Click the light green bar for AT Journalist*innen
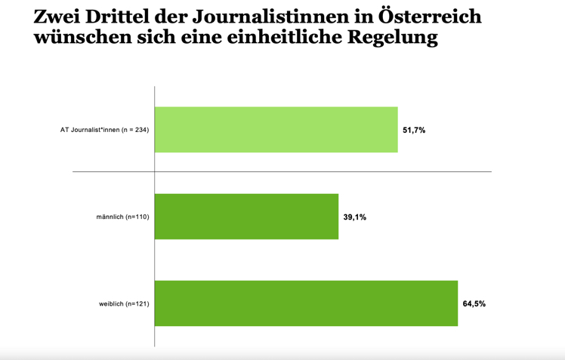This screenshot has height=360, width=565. [276, 130]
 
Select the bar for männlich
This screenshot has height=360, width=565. [246, 217]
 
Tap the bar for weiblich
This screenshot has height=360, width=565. [306, 303]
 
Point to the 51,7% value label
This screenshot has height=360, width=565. [414, 131]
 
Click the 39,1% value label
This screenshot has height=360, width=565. [354, 217]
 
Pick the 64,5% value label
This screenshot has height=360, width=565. [474, 304]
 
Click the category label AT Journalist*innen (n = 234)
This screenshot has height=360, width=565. [104, 130]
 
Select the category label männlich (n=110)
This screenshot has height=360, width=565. [122, 217]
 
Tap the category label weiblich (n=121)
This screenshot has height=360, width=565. [124, 304]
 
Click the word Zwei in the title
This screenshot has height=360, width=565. [56, 17]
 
